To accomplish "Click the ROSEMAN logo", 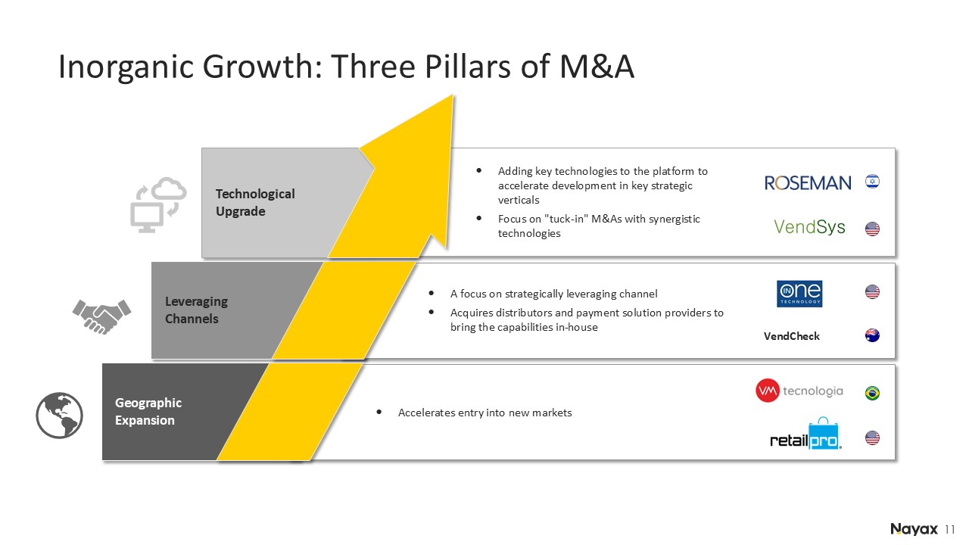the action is [x=807, y=183].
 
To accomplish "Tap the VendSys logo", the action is [x=809, y=226].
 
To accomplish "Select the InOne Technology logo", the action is [x=799, y=294].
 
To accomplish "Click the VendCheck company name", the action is [x=791, y=336].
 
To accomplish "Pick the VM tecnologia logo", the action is [x=799, y=391].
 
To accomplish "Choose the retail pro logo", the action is [x=806, y=434].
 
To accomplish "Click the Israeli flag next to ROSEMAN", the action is [x=872, y=181].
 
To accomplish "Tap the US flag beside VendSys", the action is [x=872, y=229].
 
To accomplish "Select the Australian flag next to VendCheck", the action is [x=872, y=335].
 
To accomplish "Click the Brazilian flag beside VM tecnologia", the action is [x=872, y=393].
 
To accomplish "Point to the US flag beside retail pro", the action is [x=872, y=438].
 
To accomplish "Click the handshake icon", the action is [x=101, y=316].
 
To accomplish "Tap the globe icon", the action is [x=59, y=416].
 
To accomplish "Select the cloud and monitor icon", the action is [x=158, y=204].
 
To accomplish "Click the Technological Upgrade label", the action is [x=255, y=202].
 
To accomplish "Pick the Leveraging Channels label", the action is [x=196, y=310].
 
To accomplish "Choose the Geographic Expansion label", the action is [x=148, y=411].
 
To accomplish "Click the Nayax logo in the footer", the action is [x=914, y=529].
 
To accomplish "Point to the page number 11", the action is [x=950, y=530].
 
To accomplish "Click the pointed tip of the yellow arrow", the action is [x=453, y=95].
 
